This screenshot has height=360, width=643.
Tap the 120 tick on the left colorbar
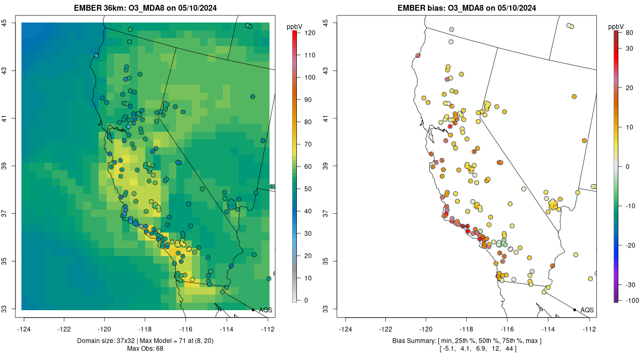point(309,33)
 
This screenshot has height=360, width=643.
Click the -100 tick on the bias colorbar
point(631,300)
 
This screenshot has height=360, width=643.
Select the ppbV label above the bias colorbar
point(617,26)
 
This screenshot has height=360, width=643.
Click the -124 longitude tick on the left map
point(24,329)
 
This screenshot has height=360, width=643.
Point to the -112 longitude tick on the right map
point(589,329)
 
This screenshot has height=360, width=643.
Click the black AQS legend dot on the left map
point(253,310)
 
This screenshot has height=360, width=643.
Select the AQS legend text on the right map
point(587,310)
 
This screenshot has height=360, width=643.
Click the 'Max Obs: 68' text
point(145,349)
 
